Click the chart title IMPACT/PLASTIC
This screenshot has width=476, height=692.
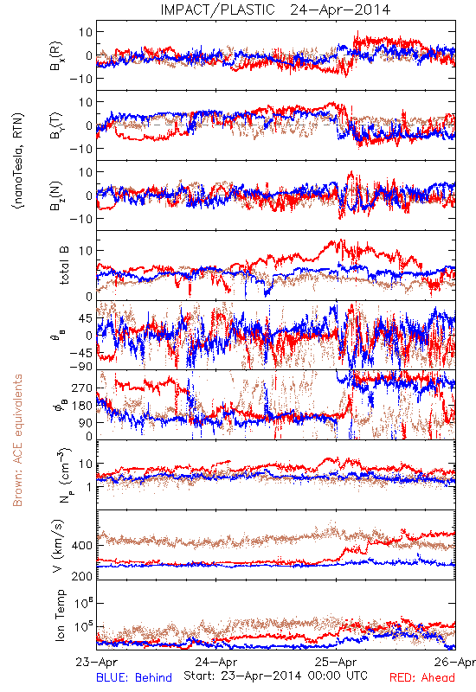[218, 10]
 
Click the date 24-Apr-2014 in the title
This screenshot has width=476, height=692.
[340, 10]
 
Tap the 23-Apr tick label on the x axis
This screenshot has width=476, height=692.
[96, 663]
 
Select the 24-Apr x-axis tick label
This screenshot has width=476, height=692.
[216, 663]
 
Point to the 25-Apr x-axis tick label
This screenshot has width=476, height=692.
[336, 663]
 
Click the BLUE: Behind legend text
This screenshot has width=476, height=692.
[134, 677]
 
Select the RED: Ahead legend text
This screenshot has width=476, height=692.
[421, 677]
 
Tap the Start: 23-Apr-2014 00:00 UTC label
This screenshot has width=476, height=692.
[275, 676]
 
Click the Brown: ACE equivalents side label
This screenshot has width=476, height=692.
[17, 440]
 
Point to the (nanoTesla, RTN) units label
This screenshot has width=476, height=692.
[18, 161]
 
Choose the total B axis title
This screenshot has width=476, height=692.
[64, 266]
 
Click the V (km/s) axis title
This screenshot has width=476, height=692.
[58, 546]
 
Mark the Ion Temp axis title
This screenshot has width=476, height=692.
[60, 615]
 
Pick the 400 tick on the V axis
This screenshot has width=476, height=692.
[82, 546]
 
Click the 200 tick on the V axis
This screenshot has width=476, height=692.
[82, 576]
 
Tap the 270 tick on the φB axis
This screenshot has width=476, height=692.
[82, 388]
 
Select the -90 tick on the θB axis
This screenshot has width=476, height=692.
[80, 367]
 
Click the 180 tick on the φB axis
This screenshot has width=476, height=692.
[82, 406]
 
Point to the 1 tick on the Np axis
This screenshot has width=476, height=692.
[89, 487]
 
